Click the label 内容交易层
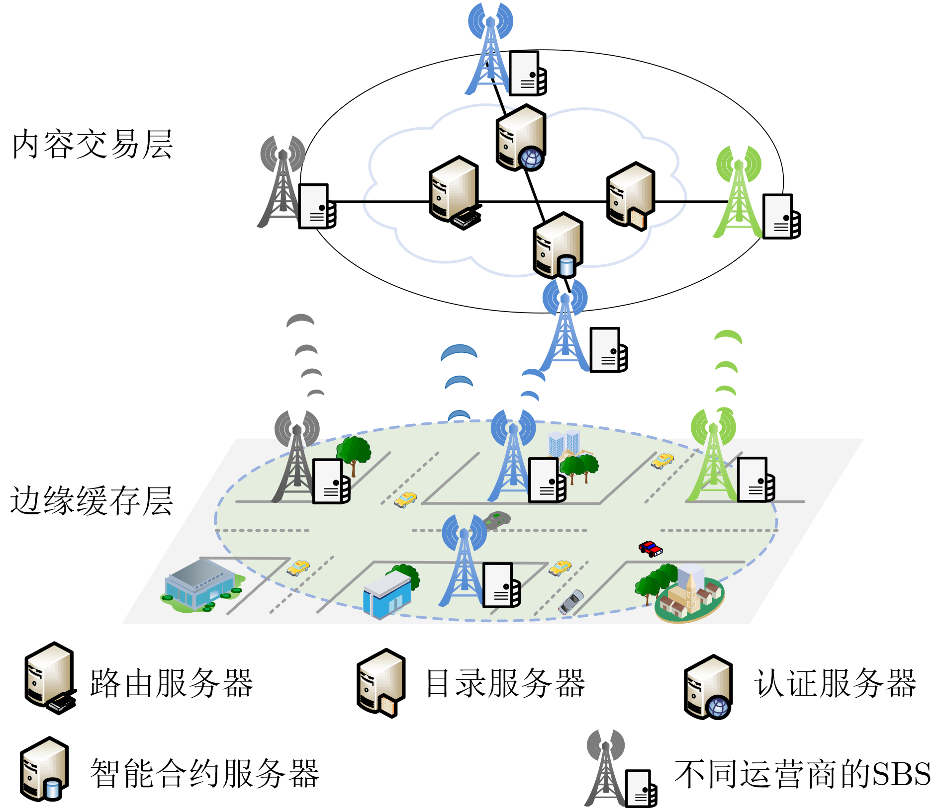93,144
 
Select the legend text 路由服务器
172,683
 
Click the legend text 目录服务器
505,683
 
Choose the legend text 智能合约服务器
204,773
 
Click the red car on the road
650,549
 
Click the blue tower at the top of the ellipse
490,50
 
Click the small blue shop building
387,594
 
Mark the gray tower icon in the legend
605,768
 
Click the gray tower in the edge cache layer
296,457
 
